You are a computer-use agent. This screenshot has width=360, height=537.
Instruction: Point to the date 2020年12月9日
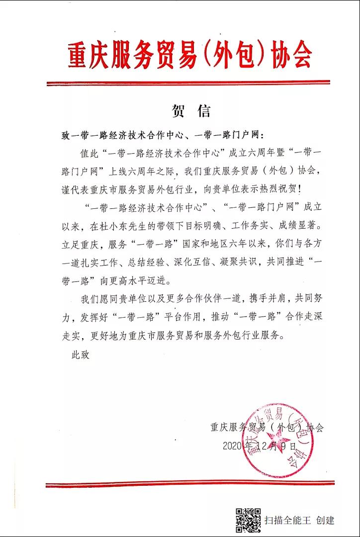point(260,446)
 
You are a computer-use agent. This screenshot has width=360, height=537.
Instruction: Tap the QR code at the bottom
point(248,521)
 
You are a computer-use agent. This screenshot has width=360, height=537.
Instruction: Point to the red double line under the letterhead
point(188,83)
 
